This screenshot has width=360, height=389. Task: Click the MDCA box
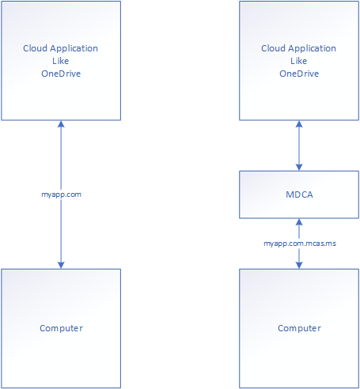click(x=299, y=194)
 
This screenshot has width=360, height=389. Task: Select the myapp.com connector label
click(x=61, y=194)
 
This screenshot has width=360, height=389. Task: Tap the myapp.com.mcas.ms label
click(x=300, y=244)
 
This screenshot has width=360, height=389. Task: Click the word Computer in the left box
click(x=61, y=328)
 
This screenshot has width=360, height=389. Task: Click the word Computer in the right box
click(x=299, y=328)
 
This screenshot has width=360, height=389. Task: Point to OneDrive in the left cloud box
click(x=61, y=74)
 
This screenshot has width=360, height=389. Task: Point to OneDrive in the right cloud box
click(x=299, y=74)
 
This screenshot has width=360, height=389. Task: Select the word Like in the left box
click(x=61, y=61)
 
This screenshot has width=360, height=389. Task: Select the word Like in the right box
click(x=299, y=61)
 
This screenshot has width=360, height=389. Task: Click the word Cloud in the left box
click(x=35, y=48)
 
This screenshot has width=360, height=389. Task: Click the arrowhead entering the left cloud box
click(x=61, y=124)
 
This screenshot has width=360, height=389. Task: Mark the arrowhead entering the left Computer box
click(x=61, y=265)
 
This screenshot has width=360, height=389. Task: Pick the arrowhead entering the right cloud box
click(x=299, y=124)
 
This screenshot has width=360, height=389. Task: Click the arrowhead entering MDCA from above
click(x=299, y=167)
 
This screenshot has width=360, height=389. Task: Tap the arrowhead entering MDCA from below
click(x=299, y=222)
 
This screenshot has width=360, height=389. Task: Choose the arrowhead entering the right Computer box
click(x=299, y=265)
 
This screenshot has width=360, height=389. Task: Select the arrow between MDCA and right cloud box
click(x=299, y=145)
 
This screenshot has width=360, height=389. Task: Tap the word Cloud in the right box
click(x=273, y=48)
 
